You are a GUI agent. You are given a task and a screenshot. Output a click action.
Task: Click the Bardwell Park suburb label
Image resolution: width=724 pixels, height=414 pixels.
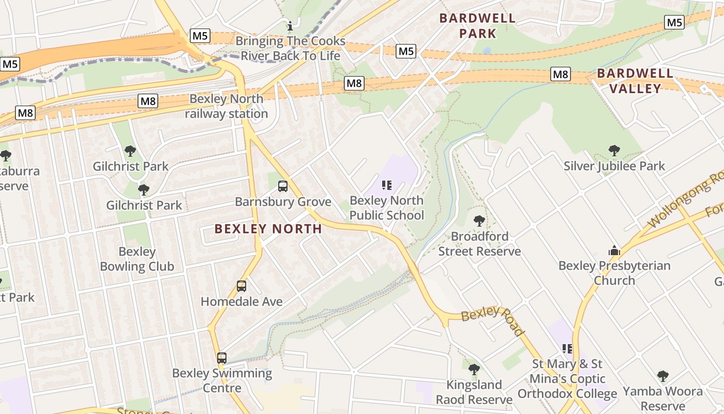point(477,26)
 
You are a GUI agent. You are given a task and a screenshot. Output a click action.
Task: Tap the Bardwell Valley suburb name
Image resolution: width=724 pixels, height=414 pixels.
point(635,81)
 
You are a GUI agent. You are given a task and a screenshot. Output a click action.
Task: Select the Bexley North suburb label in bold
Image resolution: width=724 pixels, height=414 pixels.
point(268,229)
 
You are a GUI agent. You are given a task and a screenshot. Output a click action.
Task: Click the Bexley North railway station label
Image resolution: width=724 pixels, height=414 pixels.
point(227,106)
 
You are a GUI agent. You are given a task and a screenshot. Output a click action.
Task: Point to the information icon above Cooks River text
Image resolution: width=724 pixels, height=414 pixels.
point(290,25)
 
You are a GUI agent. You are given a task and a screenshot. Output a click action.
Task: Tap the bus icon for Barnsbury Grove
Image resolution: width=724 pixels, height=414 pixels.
point(283,186)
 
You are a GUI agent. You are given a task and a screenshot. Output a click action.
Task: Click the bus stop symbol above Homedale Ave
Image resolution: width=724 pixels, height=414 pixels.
point(242,286)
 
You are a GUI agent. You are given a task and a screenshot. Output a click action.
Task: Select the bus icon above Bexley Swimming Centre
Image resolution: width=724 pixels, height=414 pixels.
point(222,358)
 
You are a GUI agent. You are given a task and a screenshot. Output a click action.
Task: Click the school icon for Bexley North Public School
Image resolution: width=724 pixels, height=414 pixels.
point(387,185)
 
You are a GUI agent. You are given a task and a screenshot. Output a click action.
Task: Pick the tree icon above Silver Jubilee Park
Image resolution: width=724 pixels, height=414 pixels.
point(614,151)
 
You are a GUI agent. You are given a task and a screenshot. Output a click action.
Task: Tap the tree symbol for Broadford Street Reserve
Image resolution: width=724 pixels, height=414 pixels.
point(479,221)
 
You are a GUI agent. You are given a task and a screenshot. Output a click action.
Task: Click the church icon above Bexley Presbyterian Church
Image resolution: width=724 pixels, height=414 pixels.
point(614,250)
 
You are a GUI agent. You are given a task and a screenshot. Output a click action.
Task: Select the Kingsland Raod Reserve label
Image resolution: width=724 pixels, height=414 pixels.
point(474,392)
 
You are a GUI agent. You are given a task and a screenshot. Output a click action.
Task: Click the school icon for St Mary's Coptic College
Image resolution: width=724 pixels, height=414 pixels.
point(567,349)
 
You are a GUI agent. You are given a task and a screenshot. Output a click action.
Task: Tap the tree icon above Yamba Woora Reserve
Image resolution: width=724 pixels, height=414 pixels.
point(663,376)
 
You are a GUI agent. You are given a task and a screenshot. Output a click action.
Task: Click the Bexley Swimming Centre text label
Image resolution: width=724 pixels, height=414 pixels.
point(222,380)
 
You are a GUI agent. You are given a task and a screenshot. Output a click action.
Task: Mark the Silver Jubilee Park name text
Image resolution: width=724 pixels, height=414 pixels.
point(614,166)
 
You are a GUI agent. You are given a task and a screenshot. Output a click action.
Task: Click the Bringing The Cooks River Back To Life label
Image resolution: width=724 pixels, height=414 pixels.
point(290,48)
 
